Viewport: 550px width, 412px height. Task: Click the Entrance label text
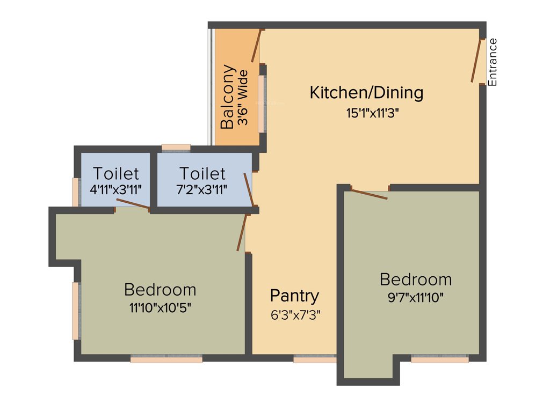[x=493, y=62]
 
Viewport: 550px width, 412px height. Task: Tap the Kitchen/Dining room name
[x=366, y=92]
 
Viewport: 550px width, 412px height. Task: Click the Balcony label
[x=228, y=97]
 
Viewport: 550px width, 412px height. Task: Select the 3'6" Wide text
[x=243, y=97]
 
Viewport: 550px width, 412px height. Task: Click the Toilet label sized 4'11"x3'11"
[x=116, y=173]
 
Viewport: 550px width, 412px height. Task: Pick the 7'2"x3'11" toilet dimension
[x=202, y=189]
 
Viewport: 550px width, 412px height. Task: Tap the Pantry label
[x=294, y=295]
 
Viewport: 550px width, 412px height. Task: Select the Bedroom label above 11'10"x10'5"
[x=160, y=290]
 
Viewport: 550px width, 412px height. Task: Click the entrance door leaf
[x=477, y=60]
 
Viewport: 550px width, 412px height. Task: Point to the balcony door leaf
[x=256, y=46]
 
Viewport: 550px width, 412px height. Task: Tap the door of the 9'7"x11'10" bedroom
[x=369, y=194]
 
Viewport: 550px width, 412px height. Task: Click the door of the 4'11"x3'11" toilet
[x=133, y=203]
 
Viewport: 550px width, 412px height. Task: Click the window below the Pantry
[x=315, y=359]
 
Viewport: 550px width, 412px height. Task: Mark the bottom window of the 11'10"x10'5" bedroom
[x=167, y=359]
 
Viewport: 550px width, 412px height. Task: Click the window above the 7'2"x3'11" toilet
[x=176, y=147]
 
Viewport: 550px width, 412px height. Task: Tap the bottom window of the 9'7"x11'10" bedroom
[x=439, y=359]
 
